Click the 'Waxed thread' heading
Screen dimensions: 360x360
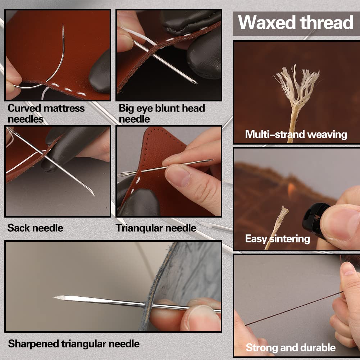(296, 23)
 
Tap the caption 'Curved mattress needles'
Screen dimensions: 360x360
(46, 113)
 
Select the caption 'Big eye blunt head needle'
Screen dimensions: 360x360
(162, 113)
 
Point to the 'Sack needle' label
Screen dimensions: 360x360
(35, 228)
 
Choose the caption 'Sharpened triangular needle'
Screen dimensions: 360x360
(74, 343)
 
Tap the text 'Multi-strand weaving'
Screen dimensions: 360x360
(296, 135)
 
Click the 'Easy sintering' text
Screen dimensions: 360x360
(277, 238)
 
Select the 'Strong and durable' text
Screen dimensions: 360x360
(291, 347)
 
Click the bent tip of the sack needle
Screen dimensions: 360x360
(92, 195)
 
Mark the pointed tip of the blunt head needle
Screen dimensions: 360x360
(195, 83)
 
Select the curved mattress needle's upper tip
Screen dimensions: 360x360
(63, 26)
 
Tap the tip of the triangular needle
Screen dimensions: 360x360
(211, 160)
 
